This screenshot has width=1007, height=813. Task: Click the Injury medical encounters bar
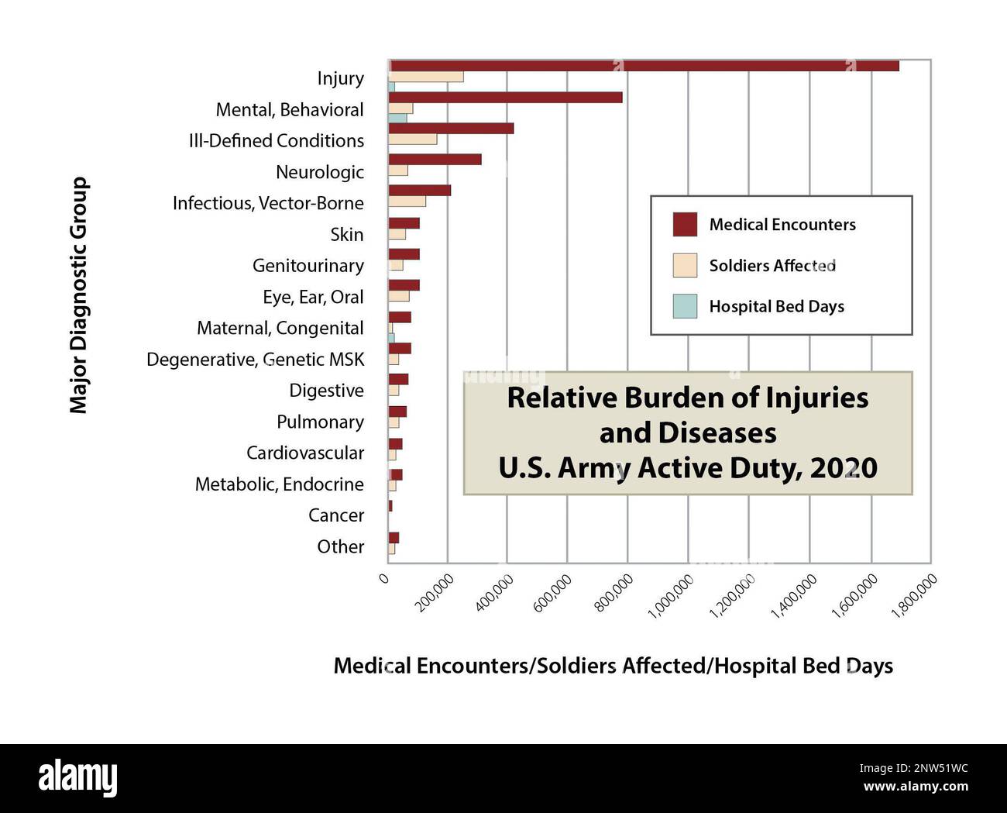pos(643,66)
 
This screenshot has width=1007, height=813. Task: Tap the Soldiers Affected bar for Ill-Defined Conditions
pos(412,140)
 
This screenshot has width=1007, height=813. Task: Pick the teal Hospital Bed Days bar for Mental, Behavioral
pos(397,119)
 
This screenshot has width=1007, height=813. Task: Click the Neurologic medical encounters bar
pos(435,160)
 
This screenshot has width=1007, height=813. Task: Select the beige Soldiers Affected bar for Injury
pos(425,77)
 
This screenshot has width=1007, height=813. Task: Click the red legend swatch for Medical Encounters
pos(685,225)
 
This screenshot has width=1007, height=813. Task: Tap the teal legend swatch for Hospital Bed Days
pos(685,306)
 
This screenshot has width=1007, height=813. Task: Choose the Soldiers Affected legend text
pos(772,266)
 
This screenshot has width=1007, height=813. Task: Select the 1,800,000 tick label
pos(915,596)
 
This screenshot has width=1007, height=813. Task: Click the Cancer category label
pos(335,515)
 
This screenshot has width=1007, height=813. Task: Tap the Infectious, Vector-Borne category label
pos(268,203)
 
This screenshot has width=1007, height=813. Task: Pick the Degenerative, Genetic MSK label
pos(255,360)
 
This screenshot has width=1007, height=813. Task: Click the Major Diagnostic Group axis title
pos(79,295)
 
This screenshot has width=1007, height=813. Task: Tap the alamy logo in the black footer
pos(78,777)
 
